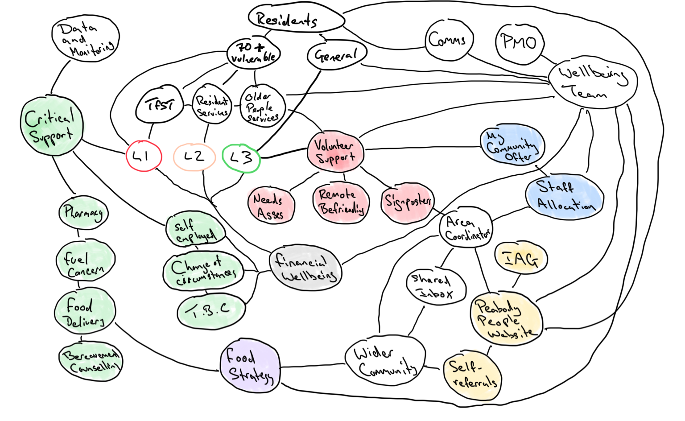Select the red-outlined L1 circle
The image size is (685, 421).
click(144, 156)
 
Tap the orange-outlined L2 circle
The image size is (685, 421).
click(194, 157)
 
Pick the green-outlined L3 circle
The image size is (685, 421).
click(241, 157)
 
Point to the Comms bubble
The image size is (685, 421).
click(448, 40)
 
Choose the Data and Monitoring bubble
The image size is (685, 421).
click(86, 38)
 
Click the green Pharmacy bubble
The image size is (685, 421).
click(83, 213)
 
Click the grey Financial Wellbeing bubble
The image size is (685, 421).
click(305, 267)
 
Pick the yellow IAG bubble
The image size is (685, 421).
click(520, 259)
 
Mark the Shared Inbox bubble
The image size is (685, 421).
click(436, 286)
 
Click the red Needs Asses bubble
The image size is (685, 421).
click(271, 204)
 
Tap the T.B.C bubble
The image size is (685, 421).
click(211, 311)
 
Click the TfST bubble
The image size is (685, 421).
click(160, 106)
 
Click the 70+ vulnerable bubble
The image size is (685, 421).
click(253, 53)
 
